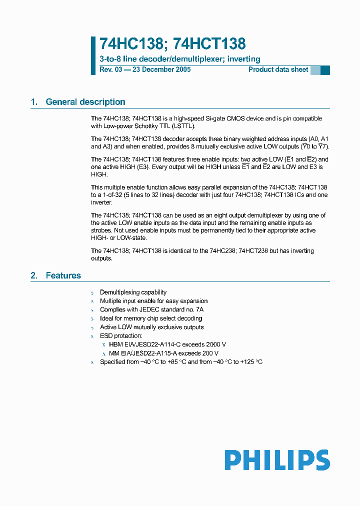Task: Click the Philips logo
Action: click(x=277, y=460)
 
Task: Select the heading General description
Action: click(x=85, y=102)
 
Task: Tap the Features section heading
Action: click(x=63, y=275)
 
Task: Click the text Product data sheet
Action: click(x=278, y=69)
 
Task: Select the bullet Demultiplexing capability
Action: click(x=133, y=292)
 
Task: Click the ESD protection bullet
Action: click(x=121, y=336)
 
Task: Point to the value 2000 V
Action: click(x=216, y=344)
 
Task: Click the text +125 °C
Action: click(x=251, y=362)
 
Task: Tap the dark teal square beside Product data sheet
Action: click(x=325, y=70)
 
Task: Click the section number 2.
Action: click(x=34, y=275)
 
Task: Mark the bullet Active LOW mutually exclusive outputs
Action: click(x=151, y=327)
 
